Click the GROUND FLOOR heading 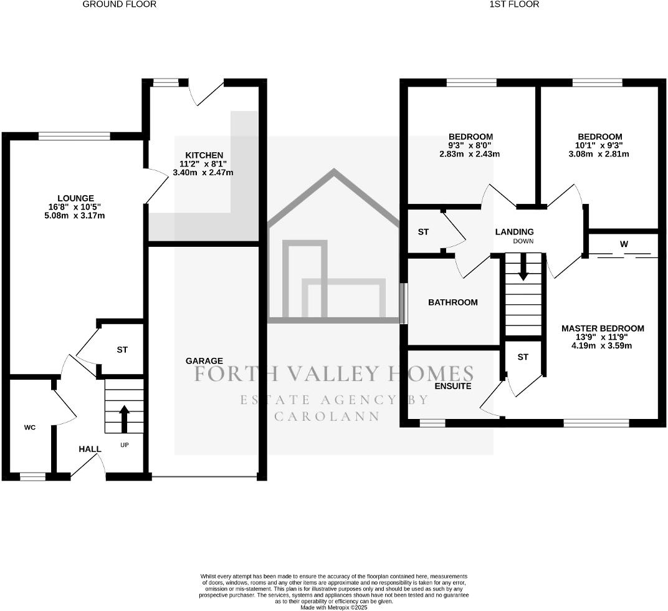click(x=120, y=4)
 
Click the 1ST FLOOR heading click(x=515, y=4)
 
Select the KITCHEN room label click(x=204, y=155)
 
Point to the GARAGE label click(x=204, y=361)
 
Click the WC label click(x=30, y=428)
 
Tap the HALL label click(x=90, y=449)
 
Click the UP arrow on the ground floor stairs click(x=124, y=418)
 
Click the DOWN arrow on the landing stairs click(x=523, y=267)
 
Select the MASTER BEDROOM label click(x=603, y=328)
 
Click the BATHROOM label click(x=453, y=302)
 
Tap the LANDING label click(x=515, y=232)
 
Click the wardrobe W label click(x=624, y=244)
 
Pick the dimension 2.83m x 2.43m click(x=470, y=154)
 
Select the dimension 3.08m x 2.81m click(x=599, y=154)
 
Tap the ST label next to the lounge click(x=122, y=350)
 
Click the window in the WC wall click(x=33, y=477)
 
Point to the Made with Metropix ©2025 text click(x=334, y=607)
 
